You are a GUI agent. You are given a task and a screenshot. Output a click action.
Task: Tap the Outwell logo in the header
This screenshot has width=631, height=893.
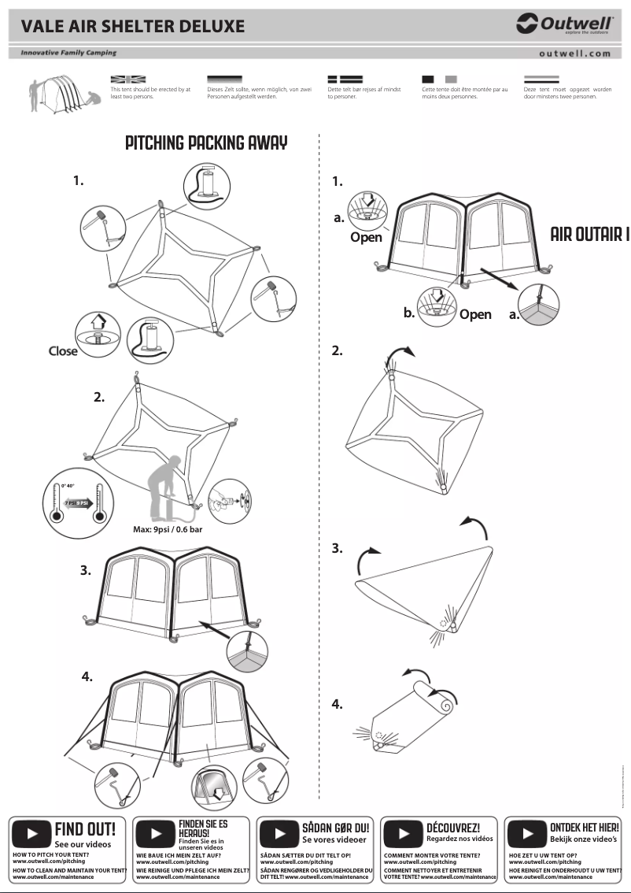[564, 25]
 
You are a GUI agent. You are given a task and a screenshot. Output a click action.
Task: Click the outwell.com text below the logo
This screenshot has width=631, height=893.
[574, 54]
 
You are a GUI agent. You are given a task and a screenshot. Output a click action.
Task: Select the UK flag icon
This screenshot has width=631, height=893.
[128, 80]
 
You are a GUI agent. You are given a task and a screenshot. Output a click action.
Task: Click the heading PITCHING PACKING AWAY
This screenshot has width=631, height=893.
[206, 143]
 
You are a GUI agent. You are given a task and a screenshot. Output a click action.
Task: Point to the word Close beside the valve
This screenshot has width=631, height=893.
[63, 350]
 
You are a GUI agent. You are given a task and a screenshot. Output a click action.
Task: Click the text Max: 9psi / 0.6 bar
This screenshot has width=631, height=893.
[168, 529]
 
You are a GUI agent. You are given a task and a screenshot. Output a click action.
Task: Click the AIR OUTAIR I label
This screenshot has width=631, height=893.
[590, 235]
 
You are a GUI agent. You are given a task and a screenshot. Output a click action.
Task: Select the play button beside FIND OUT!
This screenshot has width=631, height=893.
[31, 833]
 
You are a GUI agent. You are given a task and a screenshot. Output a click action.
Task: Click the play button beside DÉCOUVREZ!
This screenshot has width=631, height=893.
[403, 833]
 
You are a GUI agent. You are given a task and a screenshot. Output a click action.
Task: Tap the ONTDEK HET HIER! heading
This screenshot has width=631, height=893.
[584, 828]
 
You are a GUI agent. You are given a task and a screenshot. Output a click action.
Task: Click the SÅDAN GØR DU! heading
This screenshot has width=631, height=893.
[335, 828]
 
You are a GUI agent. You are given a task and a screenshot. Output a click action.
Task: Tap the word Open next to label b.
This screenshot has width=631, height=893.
[475, 314]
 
